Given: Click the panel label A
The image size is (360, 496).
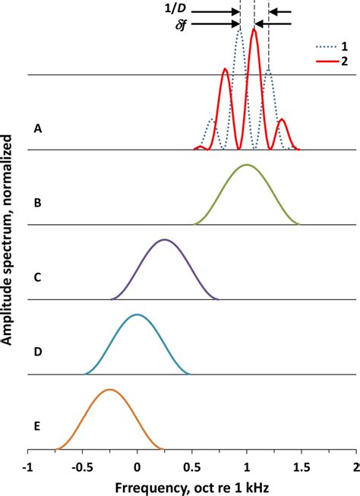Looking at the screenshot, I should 38,129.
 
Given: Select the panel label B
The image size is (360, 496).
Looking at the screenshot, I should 38,204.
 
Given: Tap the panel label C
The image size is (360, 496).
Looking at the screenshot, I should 38,278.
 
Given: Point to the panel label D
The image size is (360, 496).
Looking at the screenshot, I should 38,352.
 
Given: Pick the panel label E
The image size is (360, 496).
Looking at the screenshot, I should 38,427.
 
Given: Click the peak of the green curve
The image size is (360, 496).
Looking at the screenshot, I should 245,164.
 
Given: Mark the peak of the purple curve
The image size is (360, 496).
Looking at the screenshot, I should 164,239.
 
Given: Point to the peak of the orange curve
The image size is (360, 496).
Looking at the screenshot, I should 110,390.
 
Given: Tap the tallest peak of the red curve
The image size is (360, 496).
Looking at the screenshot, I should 254,30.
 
